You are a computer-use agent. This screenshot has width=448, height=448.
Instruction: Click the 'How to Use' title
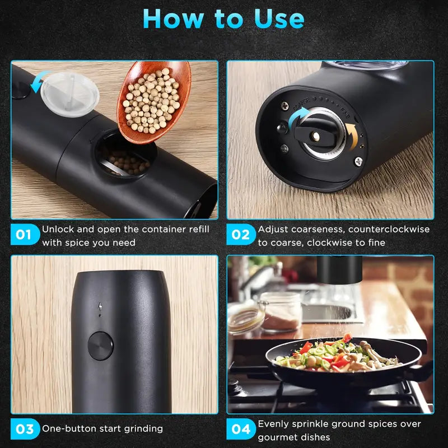[223, 19]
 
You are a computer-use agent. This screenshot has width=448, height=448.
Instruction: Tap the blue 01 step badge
[25, 235]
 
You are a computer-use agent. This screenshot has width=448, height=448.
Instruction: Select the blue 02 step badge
[241, 235]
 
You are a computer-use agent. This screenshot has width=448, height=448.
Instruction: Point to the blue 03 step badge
[25, 429]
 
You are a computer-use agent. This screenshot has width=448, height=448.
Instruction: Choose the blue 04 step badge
[241, 429]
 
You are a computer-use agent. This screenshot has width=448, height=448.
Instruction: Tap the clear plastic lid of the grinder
[70, 94]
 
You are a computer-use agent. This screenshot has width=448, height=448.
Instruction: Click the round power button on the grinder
[100, 346]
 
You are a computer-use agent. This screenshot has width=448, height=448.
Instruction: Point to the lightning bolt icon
[100, 306]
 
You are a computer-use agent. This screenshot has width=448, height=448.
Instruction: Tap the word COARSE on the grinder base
[301, 104]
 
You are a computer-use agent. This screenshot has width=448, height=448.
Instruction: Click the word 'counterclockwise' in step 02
[389, 229]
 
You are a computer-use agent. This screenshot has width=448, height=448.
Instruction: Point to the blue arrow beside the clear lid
[39, 82]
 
